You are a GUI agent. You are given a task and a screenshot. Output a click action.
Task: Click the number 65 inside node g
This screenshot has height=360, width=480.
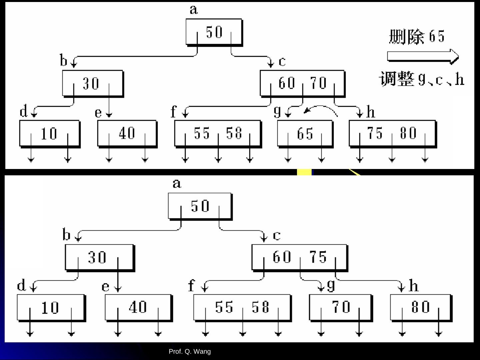click(x=305, y=134)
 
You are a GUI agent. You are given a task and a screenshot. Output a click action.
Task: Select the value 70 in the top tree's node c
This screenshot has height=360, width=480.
click(x=318, y=83)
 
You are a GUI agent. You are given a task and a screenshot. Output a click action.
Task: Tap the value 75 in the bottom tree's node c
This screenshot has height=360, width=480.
click(x=318, y=257)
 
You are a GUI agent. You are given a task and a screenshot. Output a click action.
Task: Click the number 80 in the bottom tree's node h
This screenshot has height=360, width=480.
click(x=420, y=307)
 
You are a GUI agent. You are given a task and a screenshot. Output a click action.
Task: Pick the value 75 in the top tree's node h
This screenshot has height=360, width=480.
click(x=375, y=133)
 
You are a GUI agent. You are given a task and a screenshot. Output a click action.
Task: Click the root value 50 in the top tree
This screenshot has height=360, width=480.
click(x=214, y=32)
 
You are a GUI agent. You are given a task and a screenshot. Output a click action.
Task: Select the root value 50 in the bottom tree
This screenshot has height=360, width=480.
click(x=200, y=206)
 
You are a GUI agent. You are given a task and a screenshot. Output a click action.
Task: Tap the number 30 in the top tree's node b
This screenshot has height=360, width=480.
click(x=91, y=83)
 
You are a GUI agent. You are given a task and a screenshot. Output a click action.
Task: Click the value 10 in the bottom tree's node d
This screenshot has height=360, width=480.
click(x=50, y=308)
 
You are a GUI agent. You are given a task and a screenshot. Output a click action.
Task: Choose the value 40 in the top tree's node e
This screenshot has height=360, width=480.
click(x=127, y=133)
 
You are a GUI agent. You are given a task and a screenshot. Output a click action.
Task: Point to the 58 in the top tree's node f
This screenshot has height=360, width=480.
click(x=234, y=133)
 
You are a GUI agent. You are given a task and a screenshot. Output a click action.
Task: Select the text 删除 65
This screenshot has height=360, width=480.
click(x=417, y=37)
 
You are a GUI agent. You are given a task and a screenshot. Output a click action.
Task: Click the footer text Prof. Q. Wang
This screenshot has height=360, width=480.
click(x=190, y=351)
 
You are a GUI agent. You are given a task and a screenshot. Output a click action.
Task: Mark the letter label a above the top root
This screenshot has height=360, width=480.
click(x=194, y=10)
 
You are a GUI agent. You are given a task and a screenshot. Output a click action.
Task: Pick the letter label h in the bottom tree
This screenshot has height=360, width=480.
click(x=413, y=286)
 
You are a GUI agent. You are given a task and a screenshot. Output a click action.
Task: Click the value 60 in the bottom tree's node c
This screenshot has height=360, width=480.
click(x=282, y=257)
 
